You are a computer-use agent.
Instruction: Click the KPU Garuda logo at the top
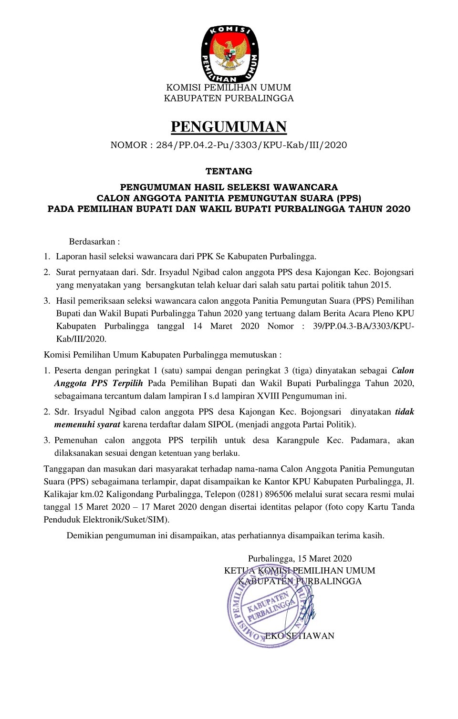tap(229, 53)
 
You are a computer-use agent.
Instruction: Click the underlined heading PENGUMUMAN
tap(229, 127)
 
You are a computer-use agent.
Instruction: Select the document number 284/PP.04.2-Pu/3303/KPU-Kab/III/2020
tap(251, 145)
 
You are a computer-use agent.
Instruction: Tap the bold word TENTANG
tap(229, 171)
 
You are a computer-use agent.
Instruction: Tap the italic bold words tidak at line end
tap(404, 411)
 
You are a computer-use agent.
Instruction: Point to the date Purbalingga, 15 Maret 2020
tap(300, 559)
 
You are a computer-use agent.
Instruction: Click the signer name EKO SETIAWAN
tap(300, 636)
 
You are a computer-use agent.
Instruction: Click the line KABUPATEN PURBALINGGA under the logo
tap(229, 98)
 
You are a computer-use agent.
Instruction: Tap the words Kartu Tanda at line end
tap(391, 507)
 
